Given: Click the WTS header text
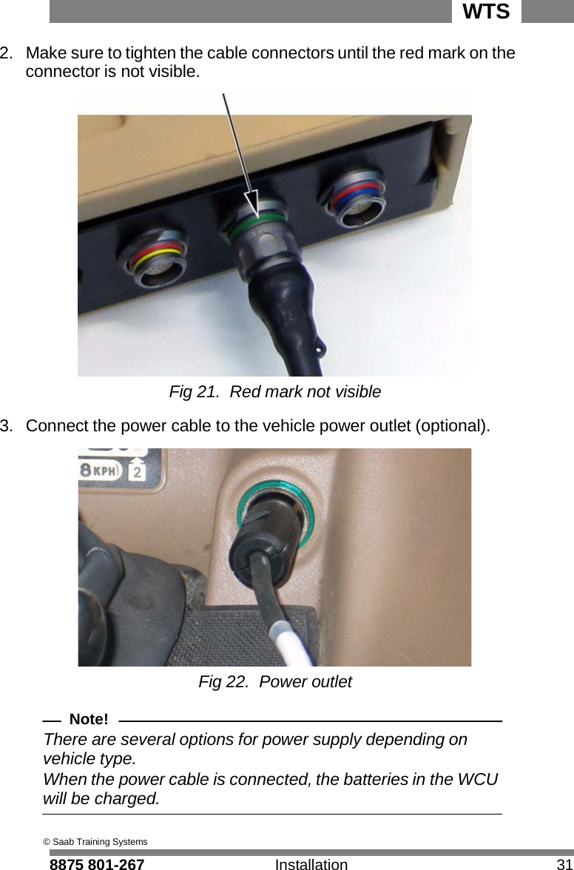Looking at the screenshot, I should (486, 12).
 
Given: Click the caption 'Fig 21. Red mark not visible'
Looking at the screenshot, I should (275, 391).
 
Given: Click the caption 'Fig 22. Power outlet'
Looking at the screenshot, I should (275, 681).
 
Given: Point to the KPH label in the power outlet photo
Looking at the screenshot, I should (106, 471).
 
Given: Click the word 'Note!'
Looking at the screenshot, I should (88, 719).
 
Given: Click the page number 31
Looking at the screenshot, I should (564, 864).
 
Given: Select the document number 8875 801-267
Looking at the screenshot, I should (96, 864).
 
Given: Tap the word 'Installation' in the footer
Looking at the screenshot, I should (311, 864).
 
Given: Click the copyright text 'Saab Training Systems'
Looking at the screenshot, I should (99, 842).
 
